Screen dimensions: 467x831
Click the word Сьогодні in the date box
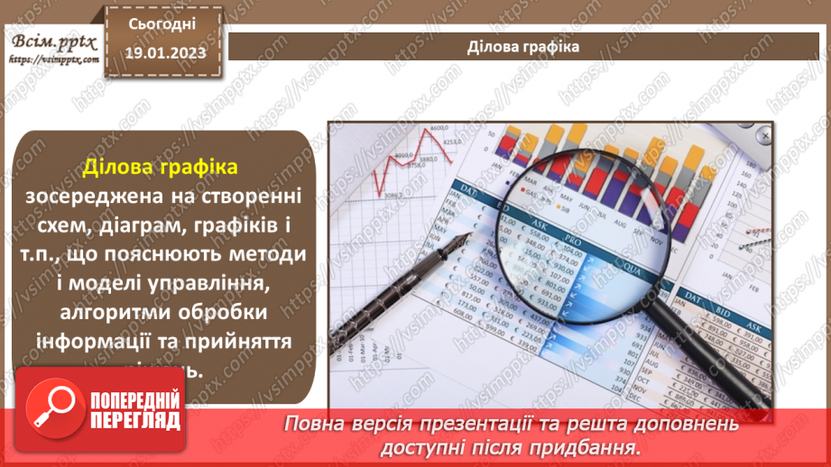tap(161, 23)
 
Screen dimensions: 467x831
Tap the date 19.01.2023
tap(161, 52)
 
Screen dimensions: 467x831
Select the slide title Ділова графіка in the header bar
tap(523, 46)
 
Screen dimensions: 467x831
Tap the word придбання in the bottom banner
tap(600, 446)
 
